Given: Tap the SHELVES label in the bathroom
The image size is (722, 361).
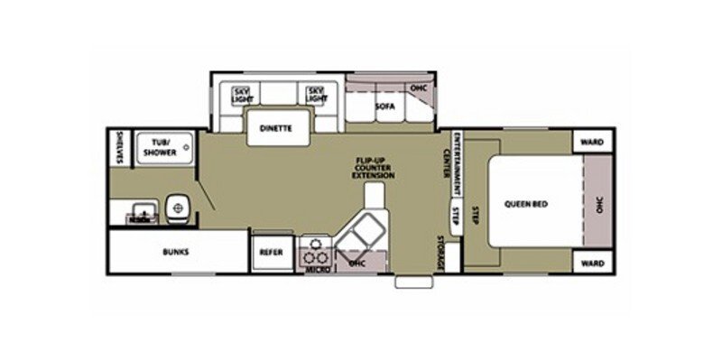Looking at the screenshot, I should click(x=118, y=147).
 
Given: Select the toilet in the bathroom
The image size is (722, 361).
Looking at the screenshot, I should click(x=177, y=207).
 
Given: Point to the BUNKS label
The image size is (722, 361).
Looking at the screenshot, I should click(x=177, y=252).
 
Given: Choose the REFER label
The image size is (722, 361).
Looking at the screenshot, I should click(x=272, y=253).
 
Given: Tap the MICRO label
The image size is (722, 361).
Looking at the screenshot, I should click(x=314, y=268).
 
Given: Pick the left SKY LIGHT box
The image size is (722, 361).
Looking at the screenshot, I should click(x=242, y=94).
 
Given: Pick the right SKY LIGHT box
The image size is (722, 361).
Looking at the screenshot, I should click(x=315, y=94).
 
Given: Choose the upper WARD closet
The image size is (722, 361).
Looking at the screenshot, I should click(x=592, y=142).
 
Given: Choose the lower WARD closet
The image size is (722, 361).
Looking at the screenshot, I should click(x=592, y=264).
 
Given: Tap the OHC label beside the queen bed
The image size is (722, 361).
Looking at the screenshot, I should click(x=598, y=204).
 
